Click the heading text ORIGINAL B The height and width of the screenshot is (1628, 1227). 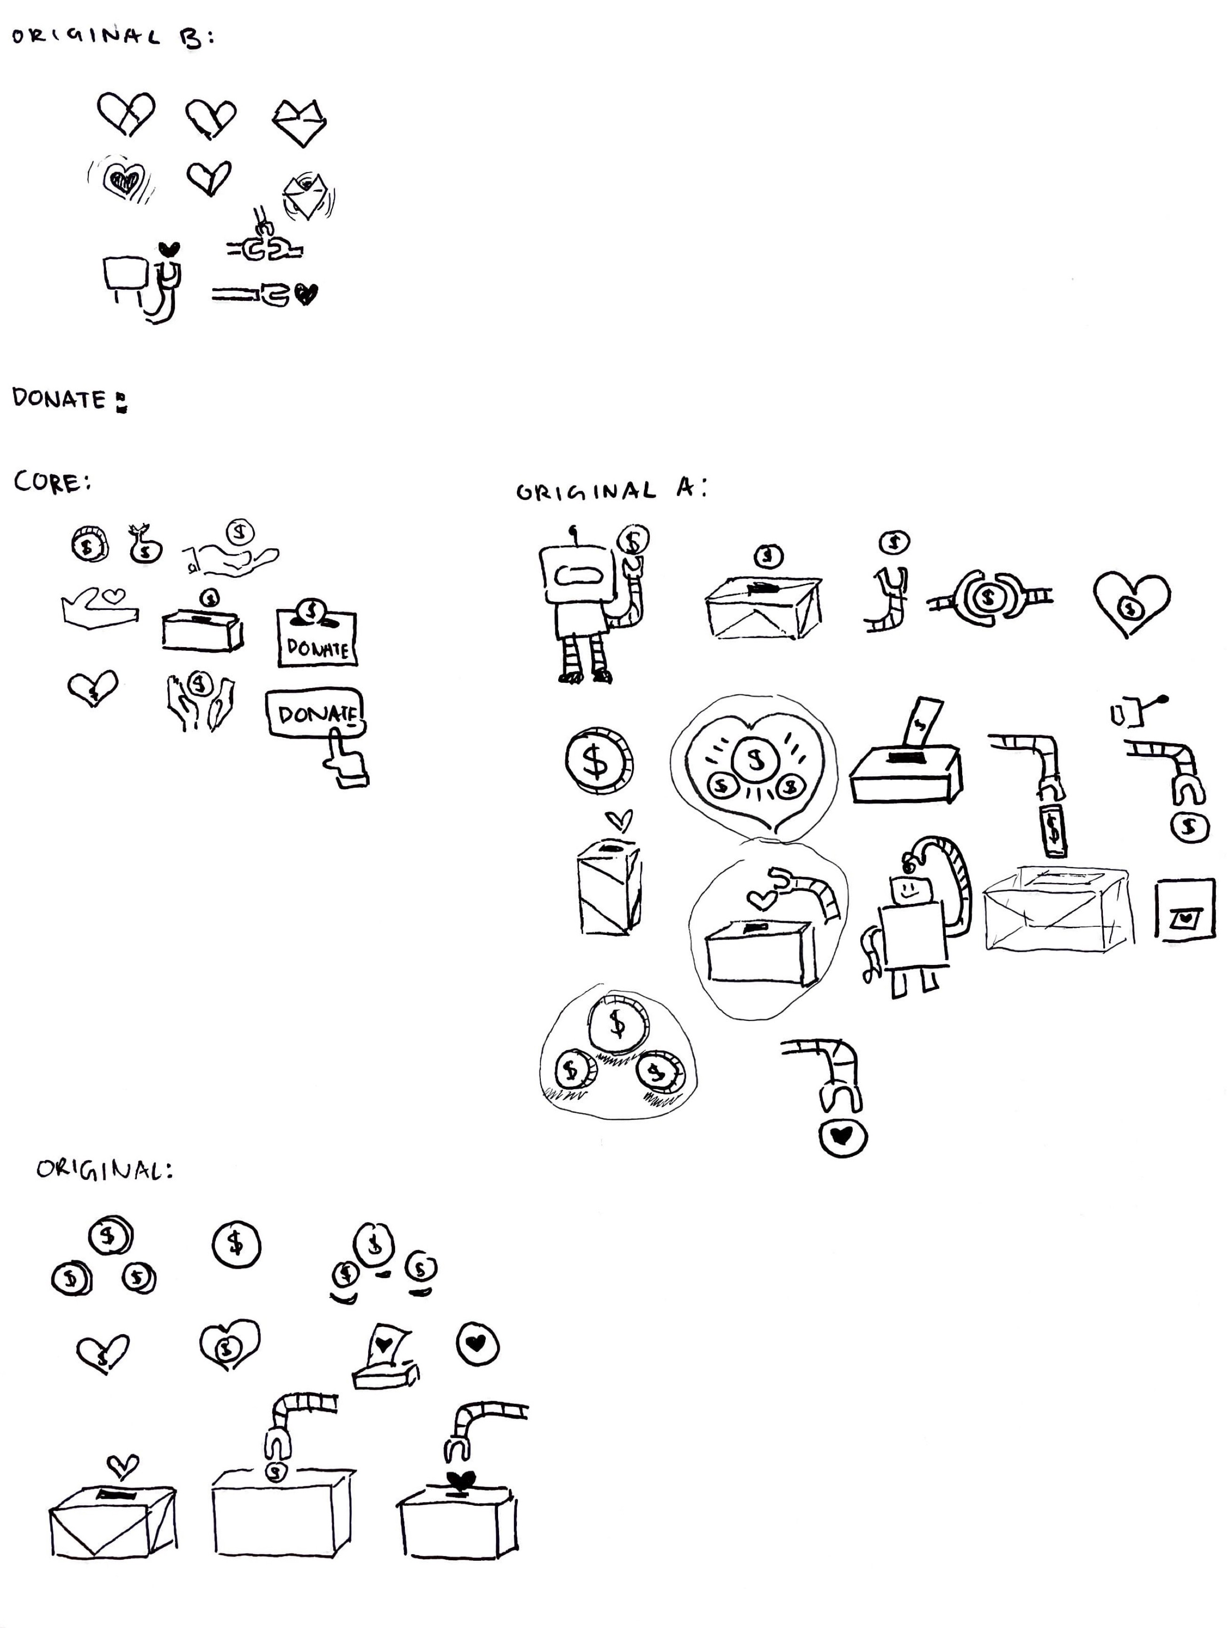(111, 37)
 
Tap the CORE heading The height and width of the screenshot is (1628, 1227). (52, 483)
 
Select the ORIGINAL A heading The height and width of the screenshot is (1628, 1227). (611, 491)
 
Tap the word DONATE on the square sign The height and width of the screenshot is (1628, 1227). (317, 648)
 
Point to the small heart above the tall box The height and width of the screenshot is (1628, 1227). (618, 819)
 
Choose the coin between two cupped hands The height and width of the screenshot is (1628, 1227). (199, 685)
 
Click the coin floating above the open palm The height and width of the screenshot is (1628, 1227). (239, 531)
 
